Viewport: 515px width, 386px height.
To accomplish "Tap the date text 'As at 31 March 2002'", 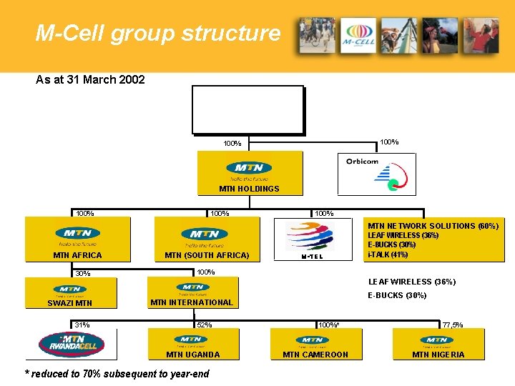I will click(x=90, y=79).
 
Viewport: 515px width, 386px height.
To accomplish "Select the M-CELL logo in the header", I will click(x=358, y=36).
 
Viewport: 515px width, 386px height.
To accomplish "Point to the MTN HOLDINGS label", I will click(x=249, y=189).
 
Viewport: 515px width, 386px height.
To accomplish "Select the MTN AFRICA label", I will click(x=77, y=255).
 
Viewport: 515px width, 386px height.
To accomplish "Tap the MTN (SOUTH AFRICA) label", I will click(x=207, y=255).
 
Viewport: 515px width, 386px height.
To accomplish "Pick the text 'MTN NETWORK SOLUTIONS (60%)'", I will click(x=433, y=226).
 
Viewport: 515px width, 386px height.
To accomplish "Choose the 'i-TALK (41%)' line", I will click(x=388, y=254).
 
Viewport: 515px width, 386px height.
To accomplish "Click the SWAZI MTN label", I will click(x=69, y=303).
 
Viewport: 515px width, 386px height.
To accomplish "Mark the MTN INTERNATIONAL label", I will click(x=192, y=302).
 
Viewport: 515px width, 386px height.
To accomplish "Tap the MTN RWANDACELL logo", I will click(x=72, y=344).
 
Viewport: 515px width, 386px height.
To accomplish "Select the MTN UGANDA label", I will click(x=193, y=355).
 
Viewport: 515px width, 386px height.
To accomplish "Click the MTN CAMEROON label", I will click(x=315, y=355).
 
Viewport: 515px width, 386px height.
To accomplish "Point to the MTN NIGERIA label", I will click(x=438, y=355).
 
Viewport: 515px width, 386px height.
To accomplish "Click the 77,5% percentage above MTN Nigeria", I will click(x=452, y=325).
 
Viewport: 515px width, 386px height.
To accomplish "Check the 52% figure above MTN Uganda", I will click(x=205, y=325).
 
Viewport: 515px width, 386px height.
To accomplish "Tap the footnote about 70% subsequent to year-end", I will click(x=117, y=374).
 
